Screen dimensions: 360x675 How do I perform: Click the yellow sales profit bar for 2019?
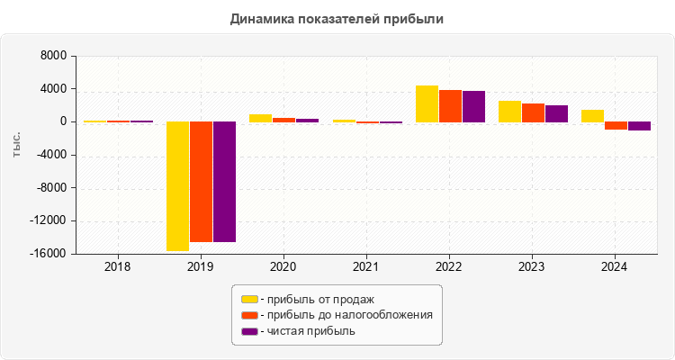177,185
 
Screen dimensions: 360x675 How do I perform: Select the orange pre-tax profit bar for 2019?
201,181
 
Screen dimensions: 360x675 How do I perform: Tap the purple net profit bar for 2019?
224,181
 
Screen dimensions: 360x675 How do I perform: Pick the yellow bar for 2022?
427,103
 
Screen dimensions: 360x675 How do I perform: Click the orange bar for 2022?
450,105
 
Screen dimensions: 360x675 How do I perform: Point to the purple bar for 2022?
473,106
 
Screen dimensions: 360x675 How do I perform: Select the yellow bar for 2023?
509,111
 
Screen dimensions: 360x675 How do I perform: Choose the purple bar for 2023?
556,113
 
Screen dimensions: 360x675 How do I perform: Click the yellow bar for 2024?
592,115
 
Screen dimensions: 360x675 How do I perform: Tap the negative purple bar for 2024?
639,126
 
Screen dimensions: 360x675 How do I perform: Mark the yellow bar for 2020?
260,118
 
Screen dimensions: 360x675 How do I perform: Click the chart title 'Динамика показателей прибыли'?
337,18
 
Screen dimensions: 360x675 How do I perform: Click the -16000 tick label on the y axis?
49,254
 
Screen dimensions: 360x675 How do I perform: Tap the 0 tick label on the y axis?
63,121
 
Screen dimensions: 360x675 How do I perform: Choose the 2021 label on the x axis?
365,266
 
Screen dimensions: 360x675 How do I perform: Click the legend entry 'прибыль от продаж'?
316,299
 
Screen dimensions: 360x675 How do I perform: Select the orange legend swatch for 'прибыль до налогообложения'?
249,315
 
